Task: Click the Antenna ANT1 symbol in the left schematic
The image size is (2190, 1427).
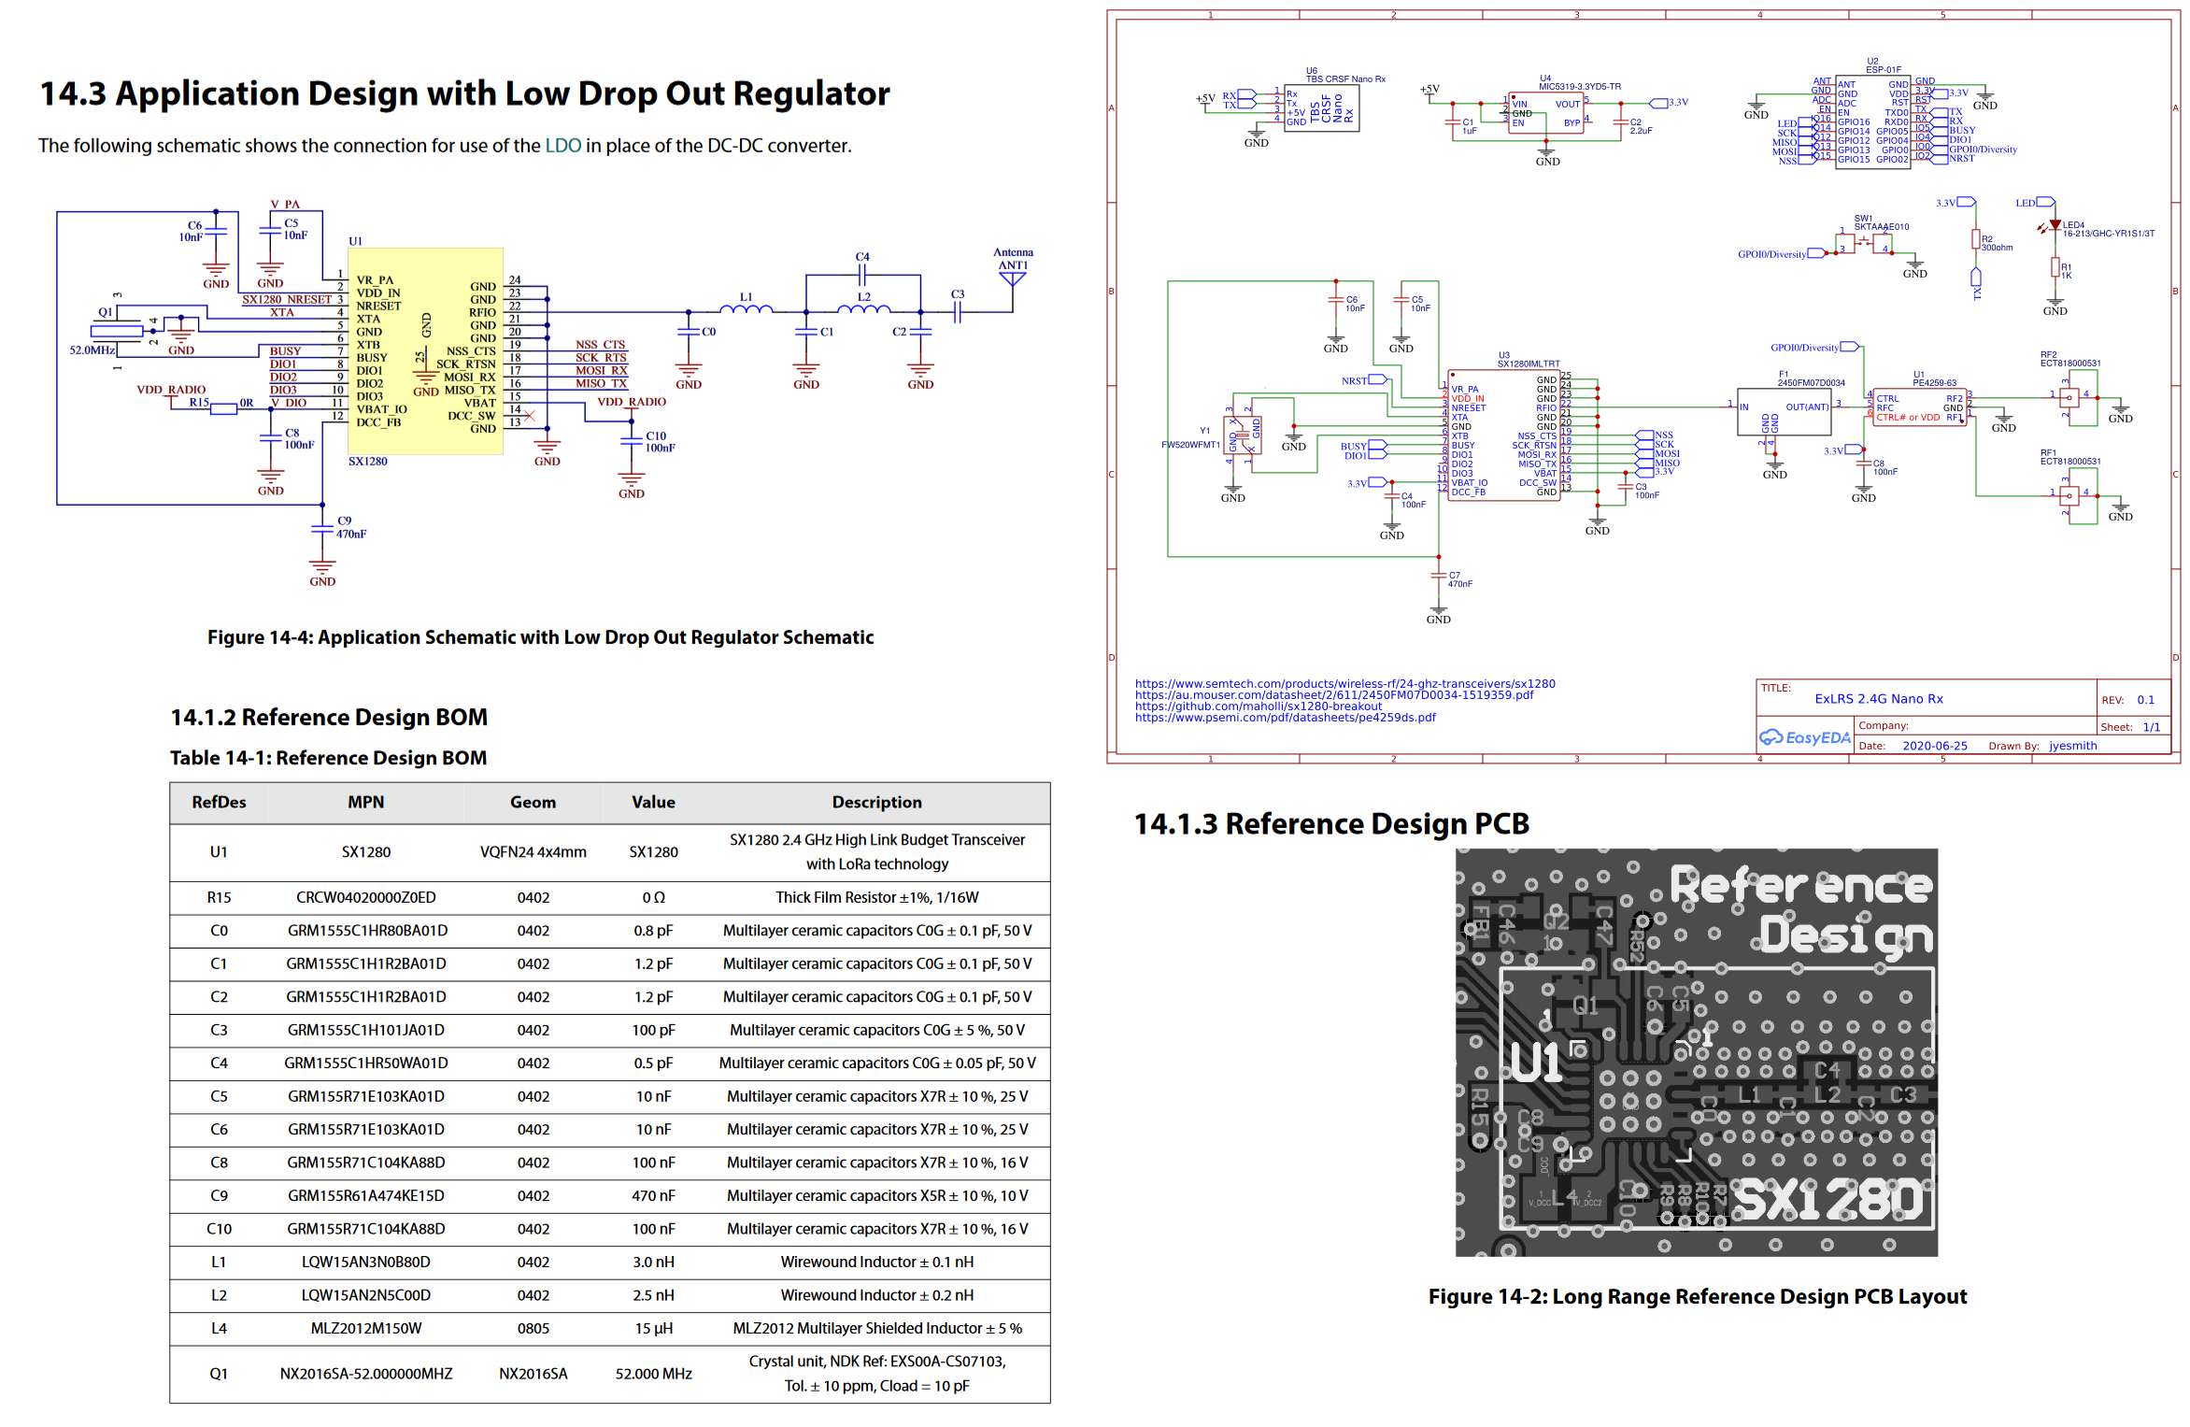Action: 1012,278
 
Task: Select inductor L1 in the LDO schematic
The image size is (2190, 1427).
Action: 746,307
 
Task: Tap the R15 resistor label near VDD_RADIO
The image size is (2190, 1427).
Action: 199,403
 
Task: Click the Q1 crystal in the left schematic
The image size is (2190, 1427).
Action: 116,330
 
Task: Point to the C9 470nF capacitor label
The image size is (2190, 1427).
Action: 350,527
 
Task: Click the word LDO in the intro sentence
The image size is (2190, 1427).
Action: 562,146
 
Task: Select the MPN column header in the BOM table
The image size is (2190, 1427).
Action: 365,802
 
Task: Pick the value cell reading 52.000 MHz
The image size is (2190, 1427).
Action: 653,1374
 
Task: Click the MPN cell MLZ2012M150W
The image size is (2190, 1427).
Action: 365,1328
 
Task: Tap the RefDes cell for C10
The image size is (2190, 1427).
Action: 219,1229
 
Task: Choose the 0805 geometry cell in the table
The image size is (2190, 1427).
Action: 533,1328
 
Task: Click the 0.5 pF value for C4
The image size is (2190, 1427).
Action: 653,1063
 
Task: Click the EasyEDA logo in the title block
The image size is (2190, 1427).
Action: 1804,737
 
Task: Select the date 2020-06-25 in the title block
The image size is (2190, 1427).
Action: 1934,746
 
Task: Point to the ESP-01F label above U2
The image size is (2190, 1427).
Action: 1883,69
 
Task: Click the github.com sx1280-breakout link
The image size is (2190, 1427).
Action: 1258,706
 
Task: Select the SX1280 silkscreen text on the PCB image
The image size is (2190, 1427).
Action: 1828,1200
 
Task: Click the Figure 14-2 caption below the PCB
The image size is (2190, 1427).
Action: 1697,1296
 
